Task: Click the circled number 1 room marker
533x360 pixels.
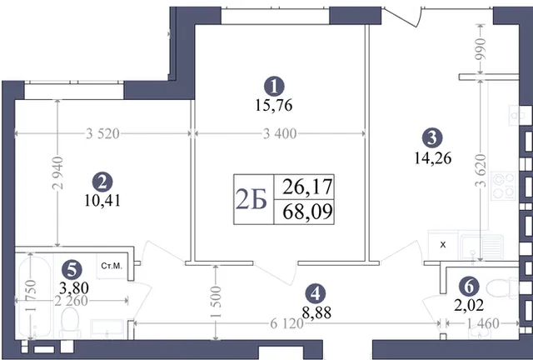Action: [x=274, y=86]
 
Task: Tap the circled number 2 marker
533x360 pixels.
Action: [x=102, y=182]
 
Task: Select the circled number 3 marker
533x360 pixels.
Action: [x=432, y=137]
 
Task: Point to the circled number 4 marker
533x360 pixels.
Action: [x=316, y=293]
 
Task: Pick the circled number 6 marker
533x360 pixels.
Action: [x=469, y=287]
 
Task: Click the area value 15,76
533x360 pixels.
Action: [x=274, y=106]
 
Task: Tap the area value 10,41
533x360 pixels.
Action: [x=102, y=201]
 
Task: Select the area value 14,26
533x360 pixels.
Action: [x=433, y=158]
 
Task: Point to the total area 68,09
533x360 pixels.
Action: [x=307, y=212]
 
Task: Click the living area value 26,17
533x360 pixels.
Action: [x=307, y=187]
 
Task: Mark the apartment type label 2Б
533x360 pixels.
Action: [x=252, y=200]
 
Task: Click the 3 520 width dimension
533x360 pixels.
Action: [x=102, y=133]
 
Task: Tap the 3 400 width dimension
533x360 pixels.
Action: [x=280, y=133]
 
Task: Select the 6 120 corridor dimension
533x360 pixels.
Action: [x=286, y=323]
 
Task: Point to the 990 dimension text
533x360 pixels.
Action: [x=480, y=50]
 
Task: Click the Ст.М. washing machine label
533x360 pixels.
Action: [x=112, y=266]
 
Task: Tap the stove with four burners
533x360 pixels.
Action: [x=503, y=186]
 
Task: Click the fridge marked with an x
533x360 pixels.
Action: [x=443, y=245]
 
